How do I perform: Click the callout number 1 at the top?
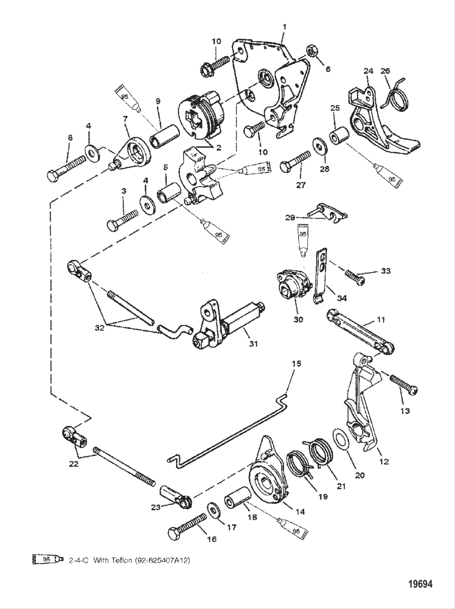point(284,27)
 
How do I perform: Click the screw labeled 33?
point(355,276)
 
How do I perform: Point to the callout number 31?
point(253,344)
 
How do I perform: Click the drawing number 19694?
point(420,585)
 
